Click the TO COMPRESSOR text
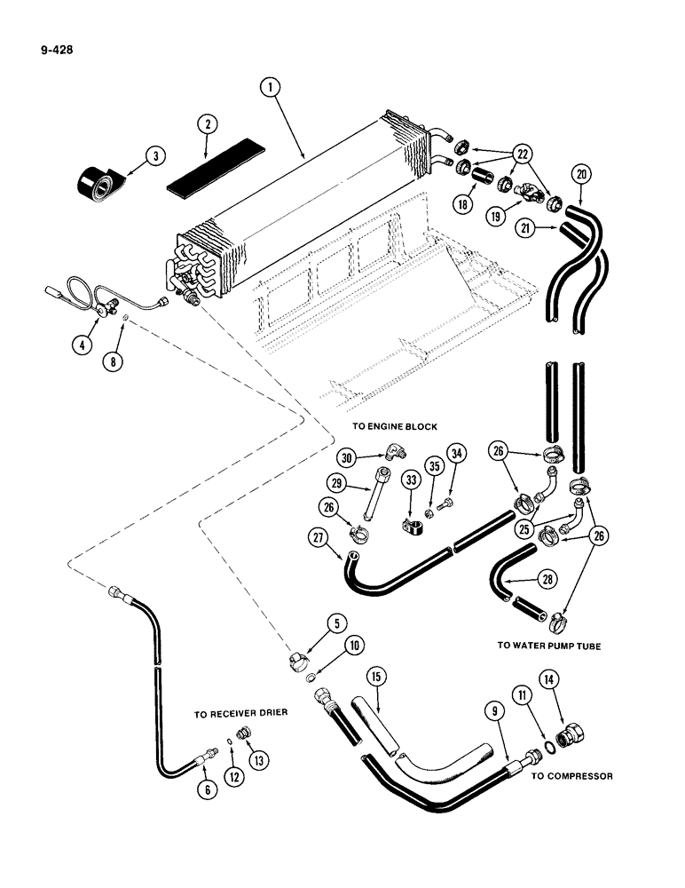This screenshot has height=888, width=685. click(571, 775)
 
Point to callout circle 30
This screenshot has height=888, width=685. click(348, 458)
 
